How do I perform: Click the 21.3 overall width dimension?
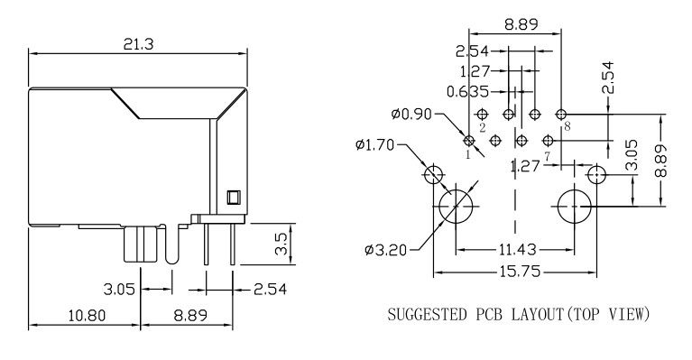pos(138,44)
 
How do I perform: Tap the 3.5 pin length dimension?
pos(281,244)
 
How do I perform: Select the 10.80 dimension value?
pos(87,316)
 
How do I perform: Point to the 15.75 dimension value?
pos(520,272)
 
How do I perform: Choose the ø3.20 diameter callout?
pos(386,251)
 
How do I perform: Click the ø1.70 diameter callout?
pos(374,144)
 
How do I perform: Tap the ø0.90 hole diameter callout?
pos(411,115)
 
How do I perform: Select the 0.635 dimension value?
pos(468,92)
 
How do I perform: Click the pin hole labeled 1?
pos(469,141)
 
